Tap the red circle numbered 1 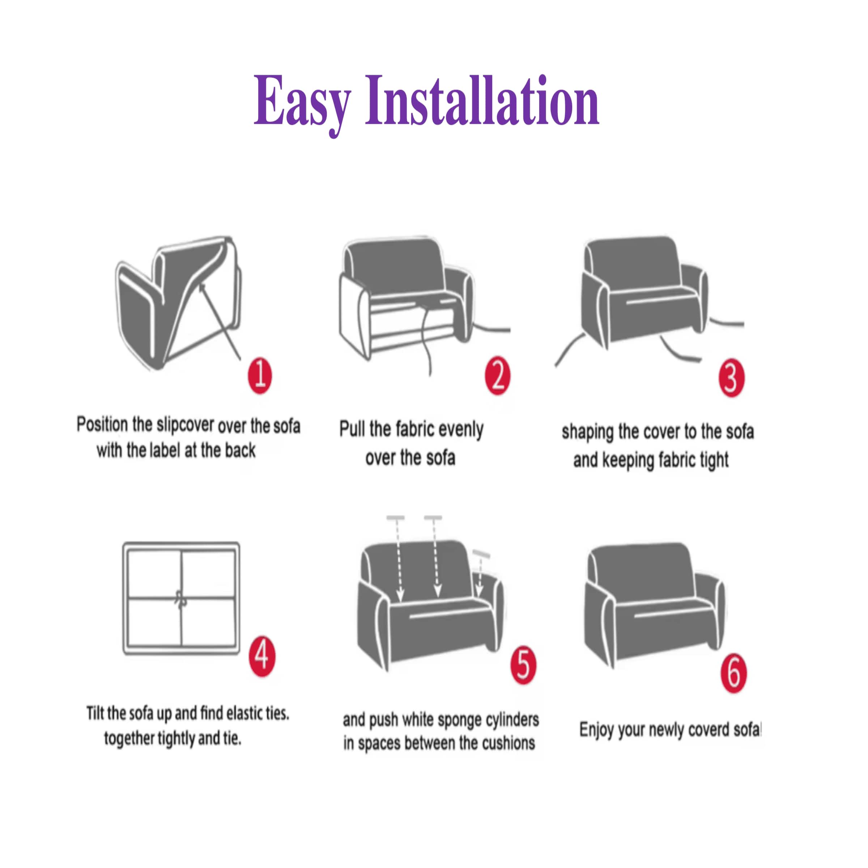pos(260,376)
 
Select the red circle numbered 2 pos(497,376)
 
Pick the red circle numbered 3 pos(731,378)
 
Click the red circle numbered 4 pos(262,656)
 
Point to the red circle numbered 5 pos(523,665)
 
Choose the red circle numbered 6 pos(734,673)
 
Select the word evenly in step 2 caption pos(460,430)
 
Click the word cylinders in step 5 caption pos(512,720)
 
